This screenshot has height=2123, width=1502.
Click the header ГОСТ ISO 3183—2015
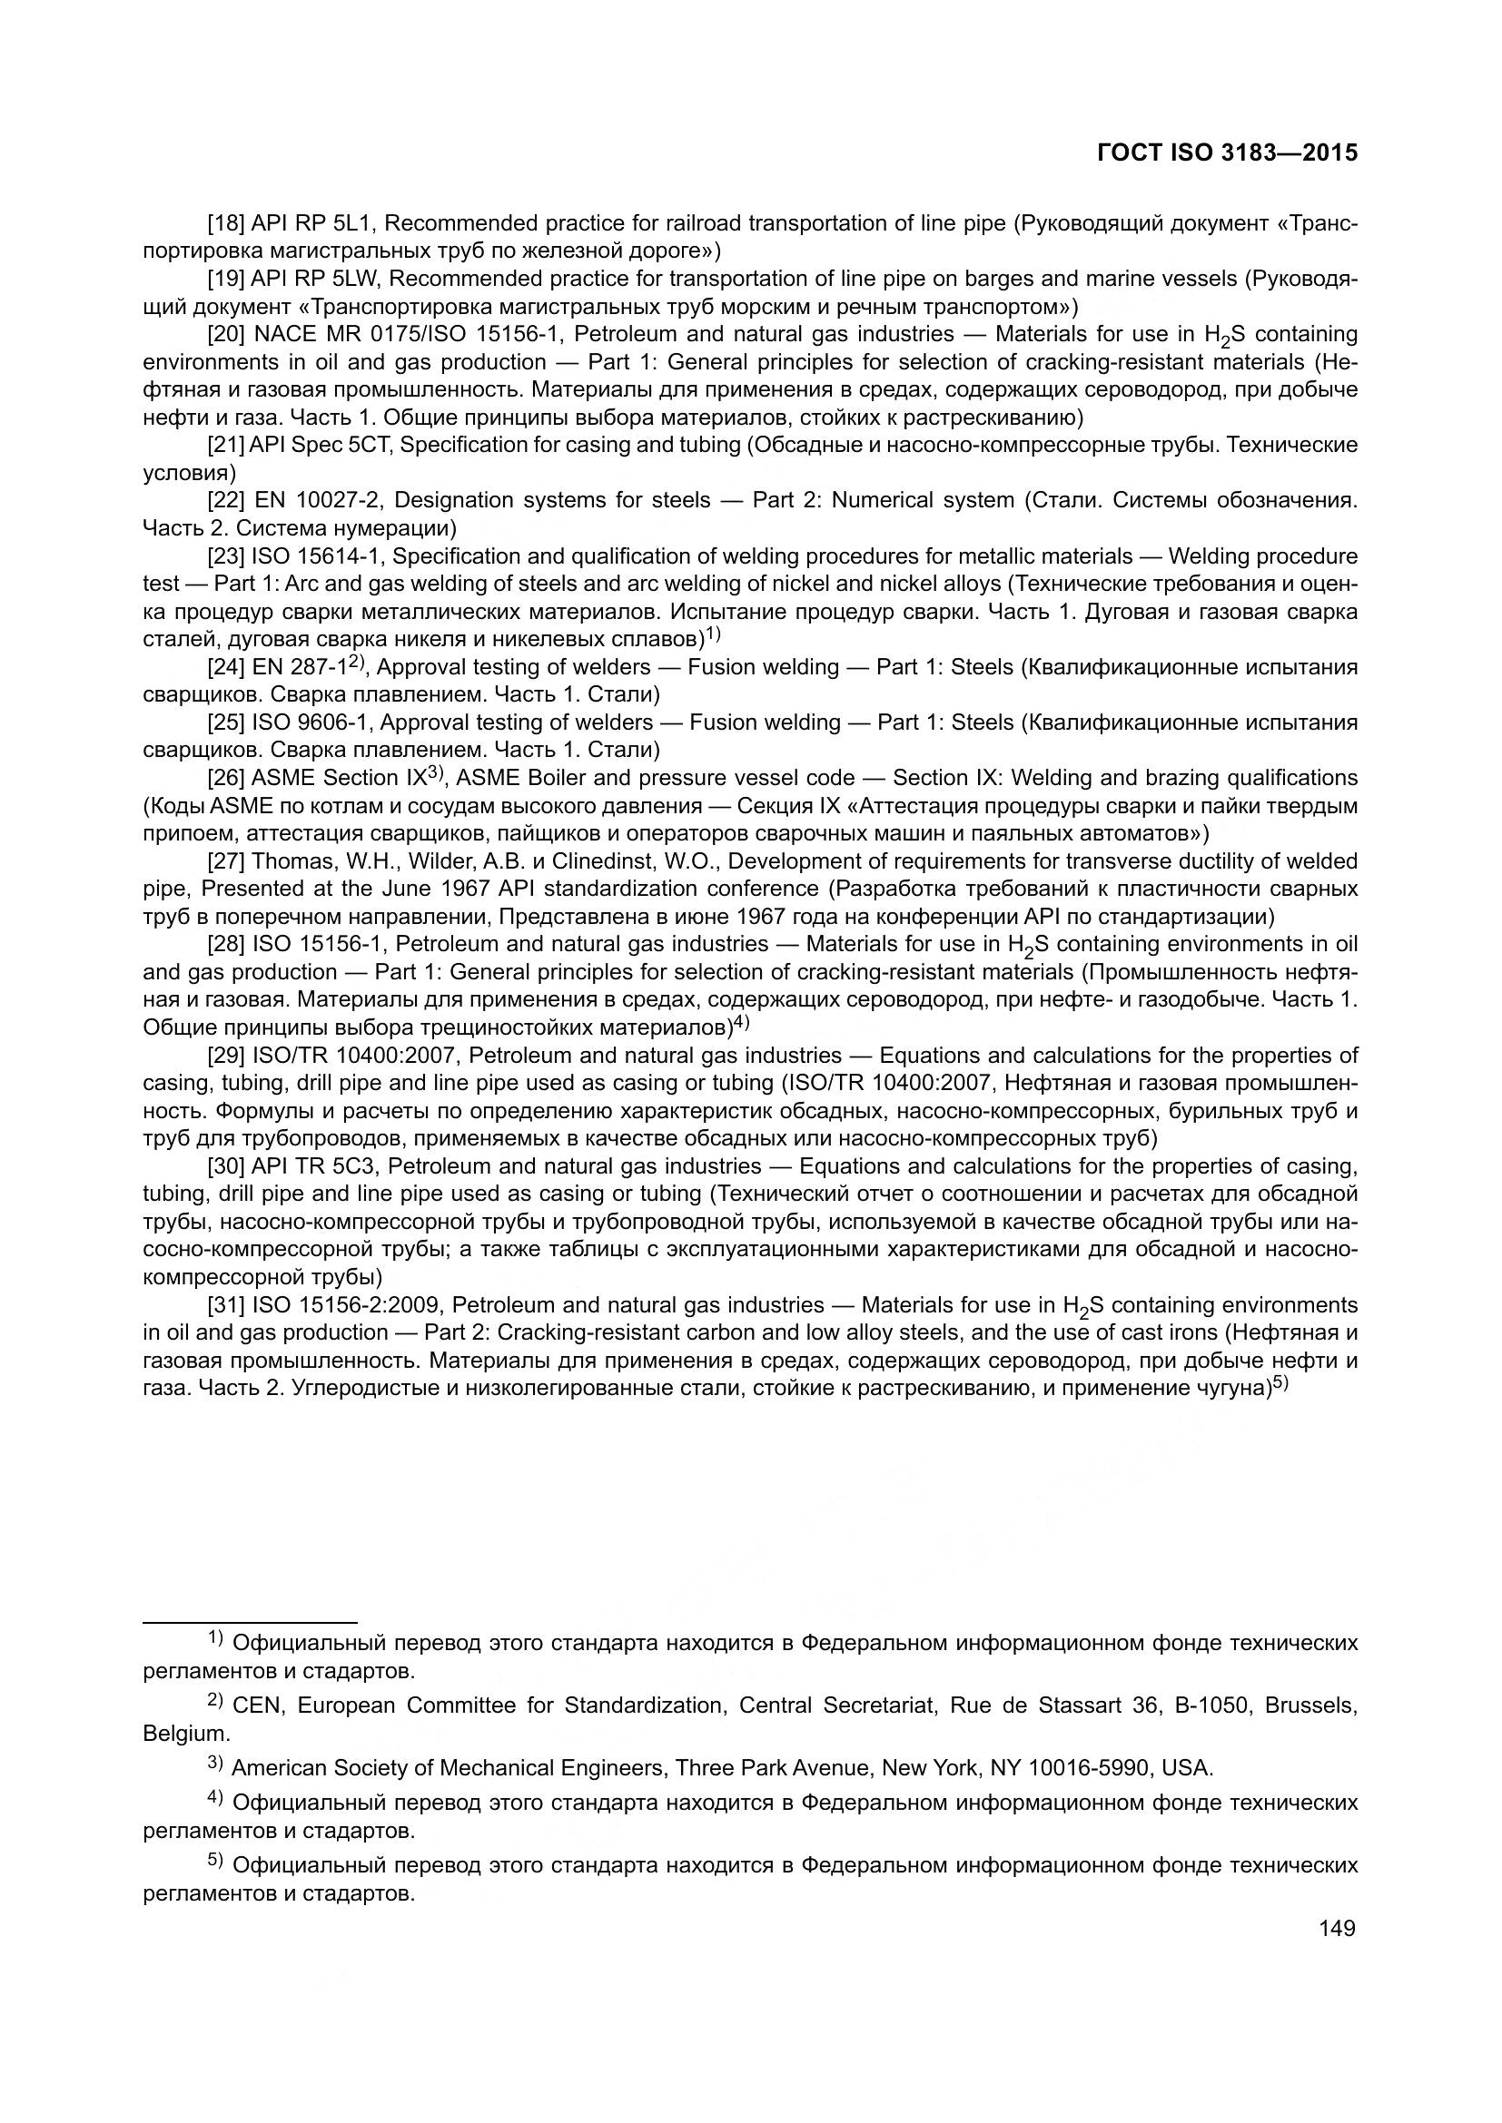tap(1228, 153)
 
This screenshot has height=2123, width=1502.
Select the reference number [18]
tap(226, 224)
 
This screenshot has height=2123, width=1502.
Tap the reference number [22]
tap(226, 501)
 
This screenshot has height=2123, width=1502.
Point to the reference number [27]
tap(226, 861)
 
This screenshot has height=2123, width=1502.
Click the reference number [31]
tap(226, 1305)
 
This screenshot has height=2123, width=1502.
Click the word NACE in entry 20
tap(284, 335)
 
